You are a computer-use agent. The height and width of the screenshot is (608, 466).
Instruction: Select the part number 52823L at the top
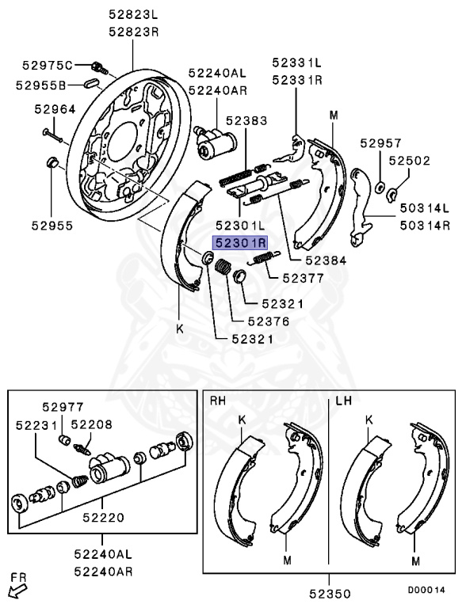133,14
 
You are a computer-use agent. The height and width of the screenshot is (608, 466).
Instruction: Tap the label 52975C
47,65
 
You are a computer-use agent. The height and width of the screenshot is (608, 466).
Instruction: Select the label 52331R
297,80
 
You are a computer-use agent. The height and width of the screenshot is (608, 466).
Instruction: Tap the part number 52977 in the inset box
63,407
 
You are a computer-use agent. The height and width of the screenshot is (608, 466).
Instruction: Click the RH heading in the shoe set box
218,401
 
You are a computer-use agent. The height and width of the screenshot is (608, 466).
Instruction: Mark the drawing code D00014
427,589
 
